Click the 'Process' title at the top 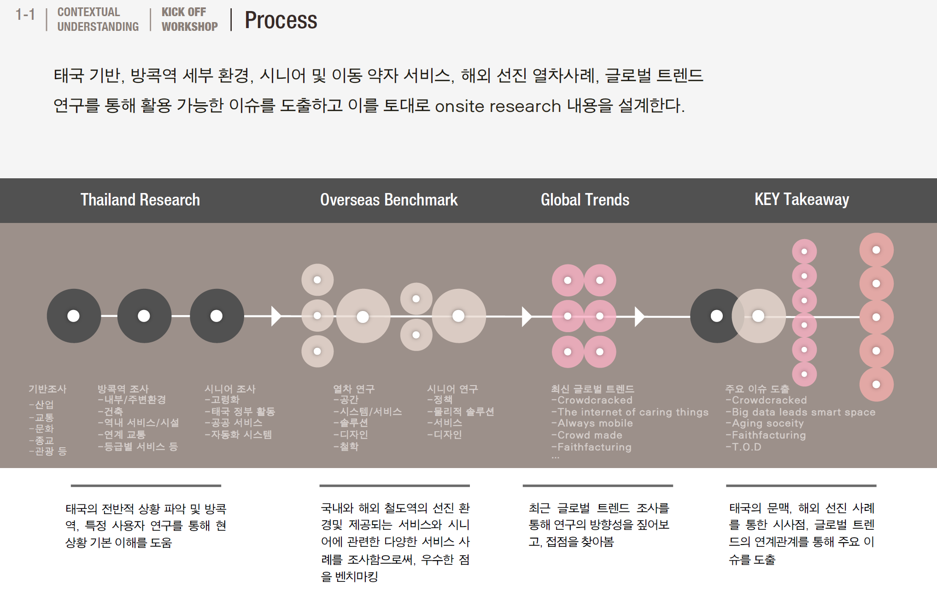pos(281,20)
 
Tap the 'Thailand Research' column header pos(140,199)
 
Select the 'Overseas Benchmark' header pos(389,199)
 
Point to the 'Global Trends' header pos(585,199)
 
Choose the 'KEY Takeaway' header pos(802,199)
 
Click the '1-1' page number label pos(25,15)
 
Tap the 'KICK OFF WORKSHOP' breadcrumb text pos(189,19)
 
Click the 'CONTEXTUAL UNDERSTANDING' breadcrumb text pos(98,19)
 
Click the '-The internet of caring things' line pos(630,412)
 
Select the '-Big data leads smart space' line pos(801,412)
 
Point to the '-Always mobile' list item pos(592,423)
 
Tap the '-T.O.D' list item pos(744,447)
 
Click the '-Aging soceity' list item pos(765,423)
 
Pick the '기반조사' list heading pos(47,389)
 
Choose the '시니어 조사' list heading pos(230,389)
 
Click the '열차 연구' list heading pos(354,389)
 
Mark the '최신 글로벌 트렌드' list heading pos(592,389)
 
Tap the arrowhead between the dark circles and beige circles pos(276,316)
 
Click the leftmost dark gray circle pos(74,316)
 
